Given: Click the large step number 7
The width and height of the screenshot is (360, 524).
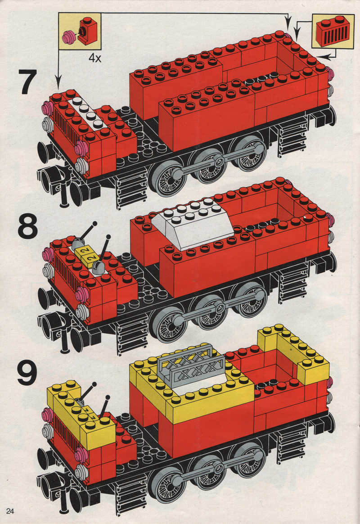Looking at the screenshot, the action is click(x=27, y=82).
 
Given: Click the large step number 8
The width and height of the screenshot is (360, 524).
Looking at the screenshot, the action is click(x=27, y=228).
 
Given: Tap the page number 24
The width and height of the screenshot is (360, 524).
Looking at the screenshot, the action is click(x=10, y=511).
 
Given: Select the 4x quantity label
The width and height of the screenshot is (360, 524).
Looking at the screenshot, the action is click(x=95, y=58).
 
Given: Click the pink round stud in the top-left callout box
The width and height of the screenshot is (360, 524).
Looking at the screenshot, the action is click(x=69, y=36).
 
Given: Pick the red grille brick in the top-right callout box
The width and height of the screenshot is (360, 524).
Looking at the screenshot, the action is click(x=334, y=32).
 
